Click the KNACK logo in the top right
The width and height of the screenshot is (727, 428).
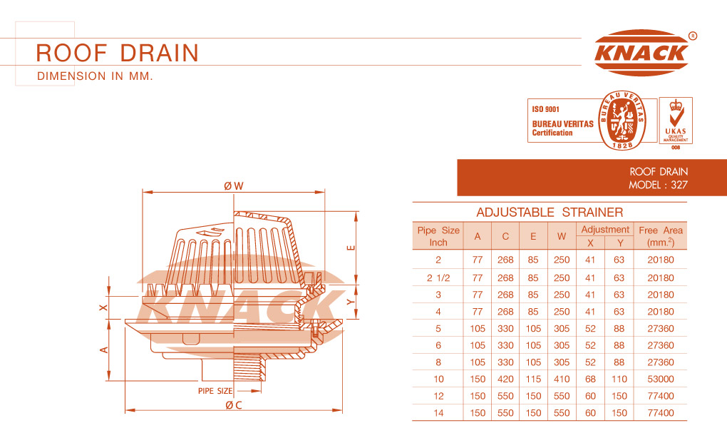pos(642,53)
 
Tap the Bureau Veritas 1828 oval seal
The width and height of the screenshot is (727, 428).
pos(622,121)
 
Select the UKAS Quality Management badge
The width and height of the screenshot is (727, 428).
pos(676,121)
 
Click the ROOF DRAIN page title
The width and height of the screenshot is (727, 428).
pos(118,53)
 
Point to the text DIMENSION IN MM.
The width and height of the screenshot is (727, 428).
pos(95,76)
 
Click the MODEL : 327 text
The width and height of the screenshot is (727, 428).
pos(658,185)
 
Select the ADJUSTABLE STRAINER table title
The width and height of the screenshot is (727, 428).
pos(550,212)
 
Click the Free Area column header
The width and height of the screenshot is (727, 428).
pos(660,236)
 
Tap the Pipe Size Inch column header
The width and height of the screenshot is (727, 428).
pos(438,236)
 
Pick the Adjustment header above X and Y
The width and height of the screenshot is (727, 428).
pos(605,229)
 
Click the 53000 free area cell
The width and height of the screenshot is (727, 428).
pos(660,379)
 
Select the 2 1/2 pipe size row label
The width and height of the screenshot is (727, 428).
pos(438,277)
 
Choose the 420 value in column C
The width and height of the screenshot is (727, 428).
pos(505,379)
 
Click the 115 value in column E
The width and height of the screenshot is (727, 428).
pos(533,379)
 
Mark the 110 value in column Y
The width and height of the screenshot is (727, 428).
pos(619,379)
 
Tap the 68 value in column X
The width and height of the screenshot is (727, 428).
pos(590,379)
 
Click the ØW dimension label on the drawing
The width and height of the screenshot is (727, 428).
pos(234,186)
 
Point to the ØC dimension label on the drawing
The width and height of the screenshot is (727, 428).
pos(234,405)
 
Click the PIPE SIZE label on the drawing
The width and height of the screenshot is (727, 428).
pos(215,391)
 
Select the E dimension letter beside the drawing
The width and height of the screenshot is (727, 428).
pos(351,248)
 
